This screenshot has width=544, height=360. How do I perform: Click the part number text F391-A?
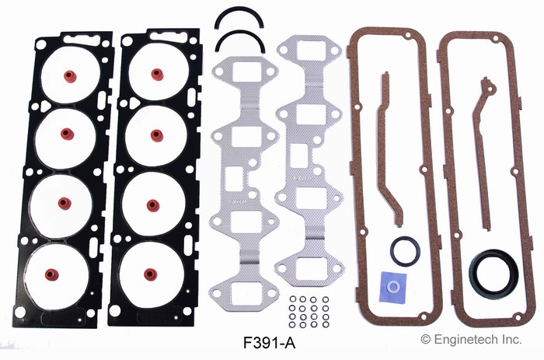coord(269,344)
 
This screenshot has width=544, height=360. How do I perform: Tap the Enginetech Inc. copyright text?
coord(472,339)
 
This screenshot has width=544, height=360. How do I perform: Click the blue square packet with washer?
coord(393,285)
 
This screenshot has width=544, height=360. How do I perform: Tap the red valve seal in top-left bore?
coord(70,76)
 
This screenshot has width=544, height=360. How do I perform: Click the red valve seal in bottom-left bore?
coord(52,274)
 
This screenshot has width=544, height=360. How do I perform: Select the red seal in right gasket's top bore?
coord(157,73)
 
